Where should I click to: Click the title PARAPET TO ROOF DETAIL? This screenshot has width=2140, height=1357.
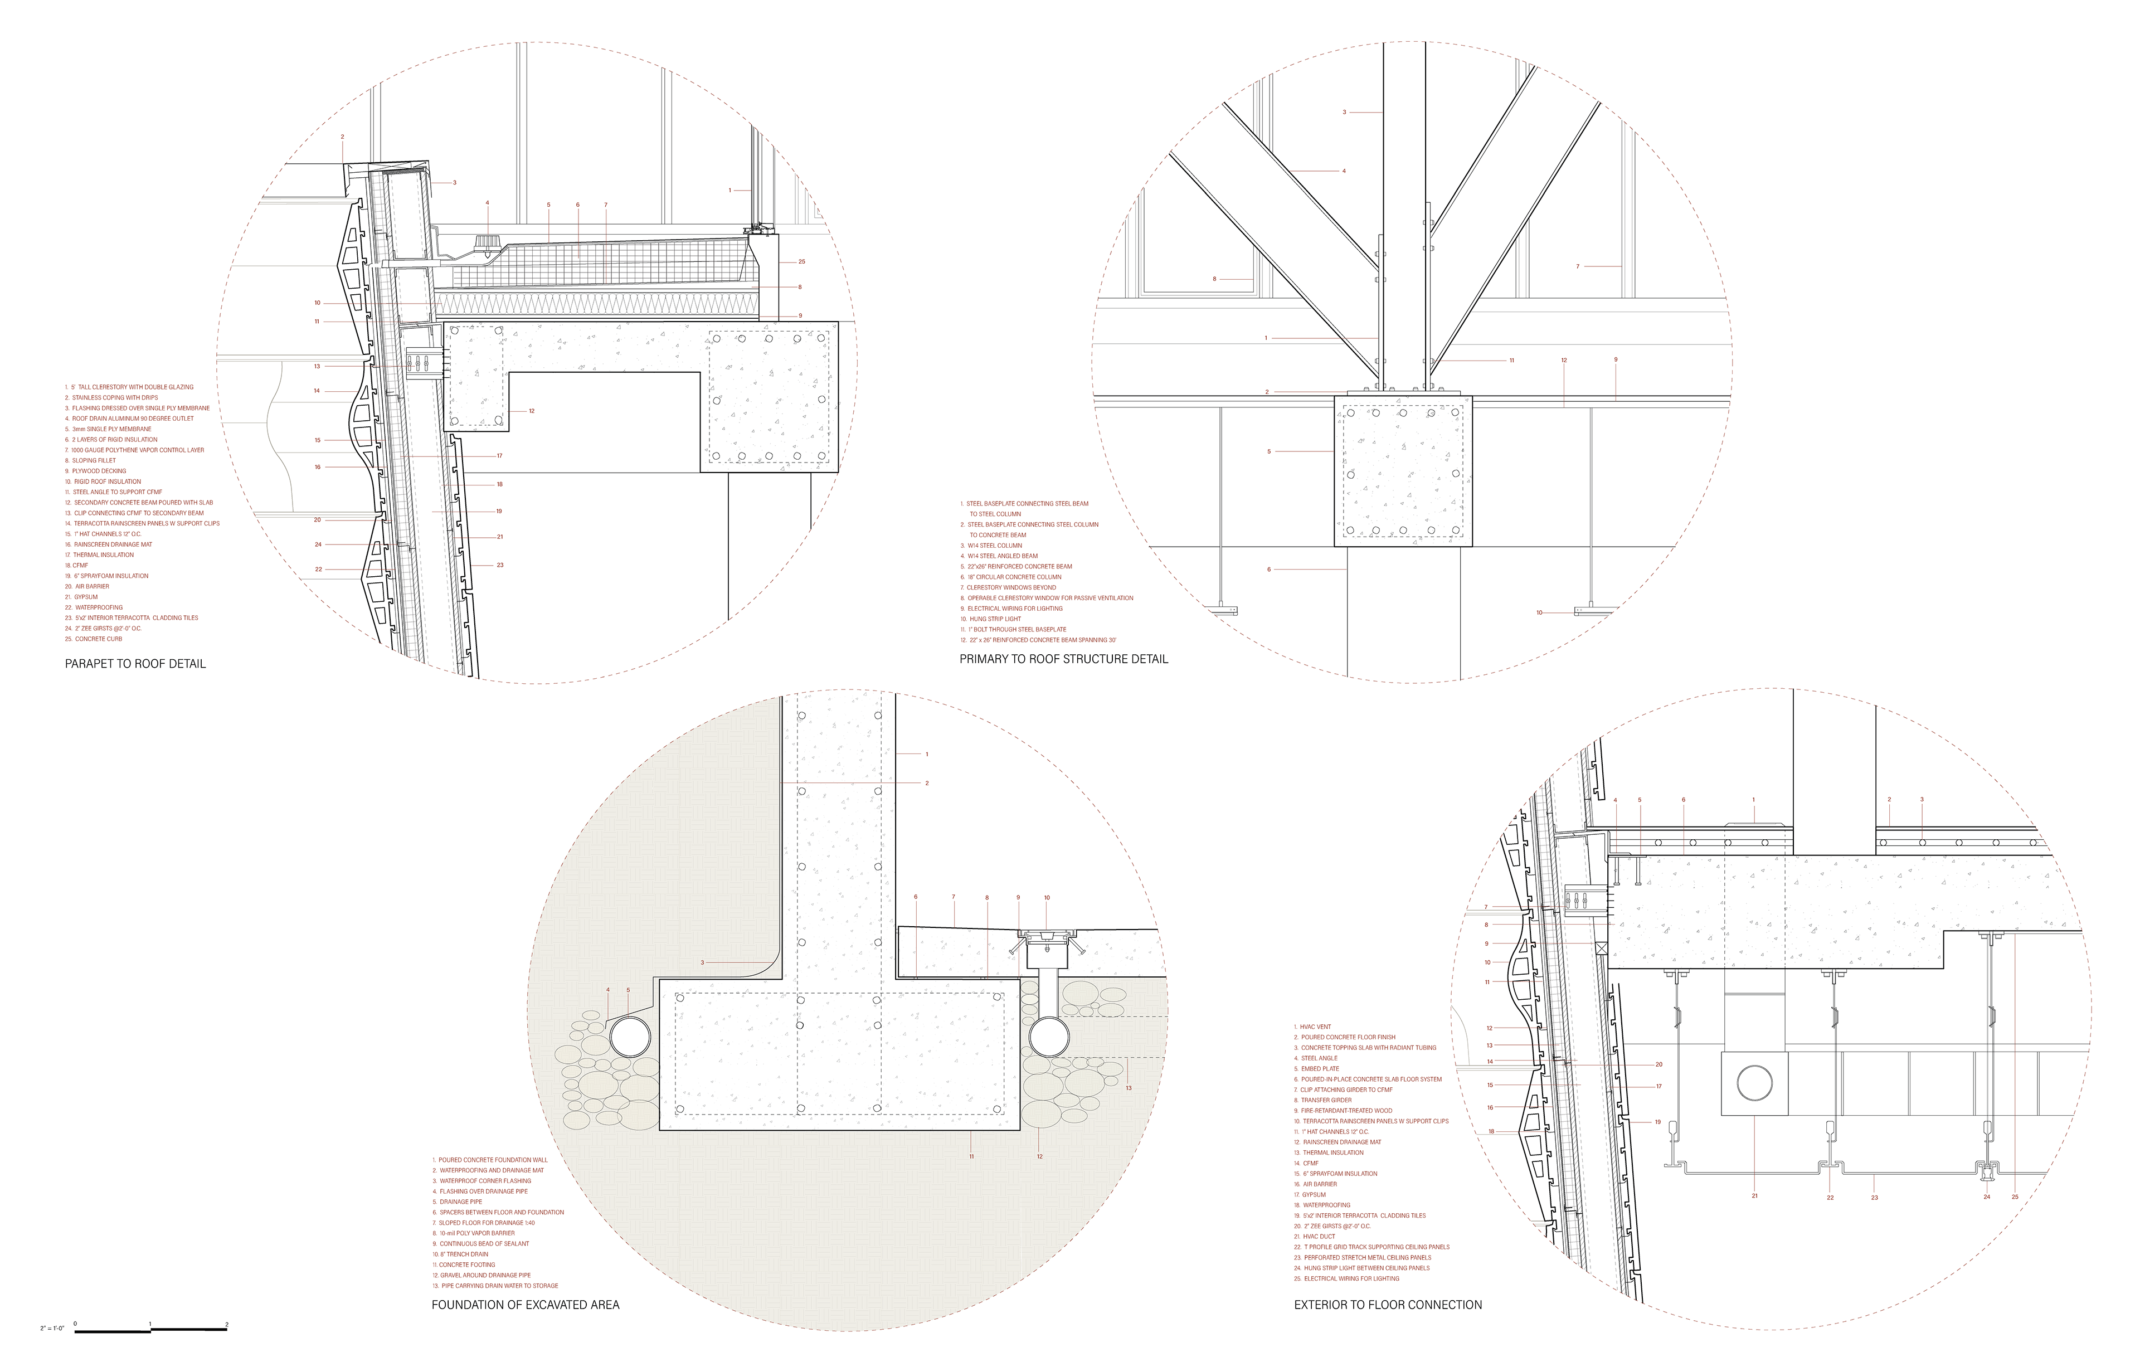pyautogui.click(x=135, y=664)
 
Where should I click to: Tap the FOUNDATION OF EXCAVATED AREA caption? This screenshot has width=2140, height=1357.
pyautogui.click(x=525, y=1305)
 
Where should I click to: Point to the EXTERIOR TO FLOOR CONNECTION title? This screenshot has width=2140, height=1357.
pyautogui.click(x=1387, y=1305)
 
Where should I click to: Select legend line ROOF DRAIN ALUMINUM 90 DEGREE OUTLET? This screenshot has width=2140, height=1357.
pyautogui.click(x=133, y=419)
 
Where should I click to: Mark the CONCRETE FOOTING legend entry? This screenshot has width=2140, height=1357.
pyautogui.click(x=466, y=1264)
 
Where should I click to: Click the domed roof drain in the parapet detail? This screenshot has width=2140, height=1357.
pyautogui.click(x=487, y=244)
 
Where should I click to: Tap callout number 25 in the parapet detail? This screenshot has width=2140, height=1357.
pyautogui.click(x=801, y=262)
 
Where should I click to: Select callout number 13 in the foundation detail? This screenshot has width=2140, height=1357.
pyautogui.click(x=1129, y=1088)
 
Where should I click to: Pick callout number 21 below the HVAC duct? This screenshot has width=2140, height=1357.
pyautogui.click(x=1754, y=1195)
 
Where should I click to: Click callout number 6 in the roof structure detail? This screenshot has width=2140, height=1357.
pyautogui.click(x=1269, y=570)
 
